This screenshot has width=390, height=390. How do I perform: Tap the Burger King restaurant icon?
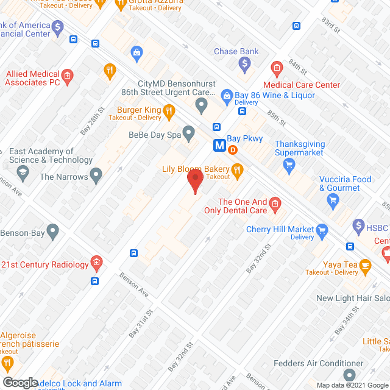click(169, 111)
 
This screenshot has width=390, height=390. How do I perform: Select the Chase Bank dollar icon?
click(244, 63)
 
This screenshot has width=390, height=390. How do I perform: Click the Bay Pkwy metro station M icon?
click(219, 146)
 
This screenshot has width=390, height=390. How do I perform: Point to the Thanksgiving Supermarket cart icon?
click(289, 163)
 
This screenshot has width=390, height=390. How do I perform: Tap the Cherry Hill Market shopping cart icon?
click(322, 230)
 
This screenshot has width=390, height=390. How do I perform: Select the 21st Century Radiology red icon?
click(96, 264)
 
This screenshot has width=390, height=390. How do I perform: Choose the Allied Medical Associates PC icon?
click(67, 76)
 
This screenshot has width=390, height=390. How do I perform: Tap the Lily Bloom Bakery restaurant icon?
click(238, 169)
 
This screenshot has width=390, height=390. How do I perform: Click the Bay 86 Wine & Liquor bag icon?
click(227, 95)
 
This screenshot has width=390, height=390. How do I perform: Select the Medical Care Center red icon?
click(276, 68)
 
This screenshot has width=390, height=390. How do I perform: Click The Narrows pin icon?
click(96, 177)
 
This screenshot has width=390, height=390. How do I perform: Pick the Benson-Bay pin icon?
click(53, 232)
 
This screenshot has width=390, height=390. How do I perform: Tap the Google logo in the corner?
click(20, 382)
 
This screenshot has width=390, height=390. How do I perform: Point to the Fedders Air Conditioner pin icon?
click(349, 374)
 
